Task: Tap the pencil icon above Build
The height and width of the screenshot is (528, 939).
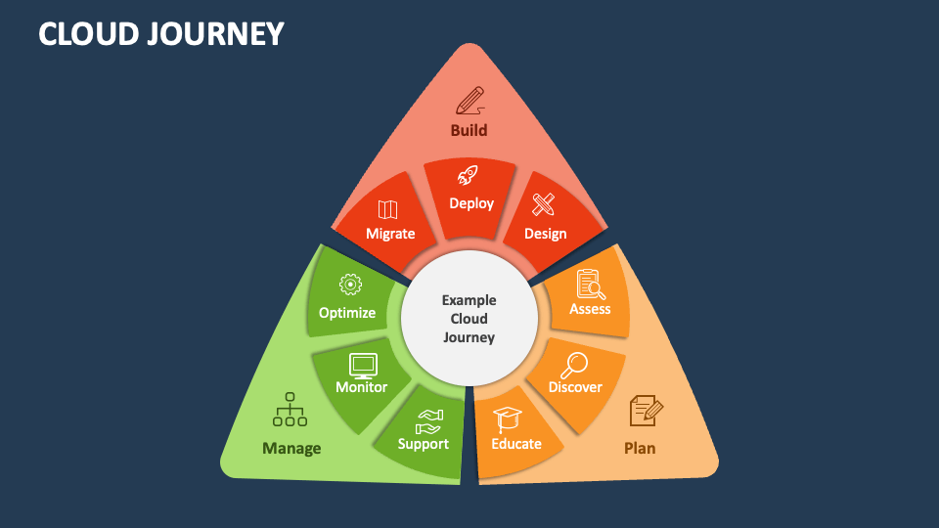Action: [469, 100]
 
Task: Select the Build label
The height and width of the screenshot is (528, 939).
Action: [469, 130]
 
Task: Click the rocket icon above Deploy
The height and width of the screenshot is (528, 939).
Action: [469, 176]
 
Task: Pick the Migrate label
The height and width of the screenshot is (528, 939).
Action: [390, 234]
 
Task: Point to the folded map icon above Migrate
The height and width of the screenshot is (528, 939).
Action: [387, 209]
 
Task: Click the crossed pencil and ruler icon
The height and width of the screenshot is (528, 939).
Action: [543, 205]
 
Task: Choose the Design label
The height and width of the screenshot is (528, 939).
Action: [545, 234]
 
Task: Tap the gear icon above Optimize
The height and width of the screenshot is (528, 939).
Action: [348, 285]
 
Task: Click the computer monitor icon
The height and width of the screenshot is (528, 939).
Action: [363, 365]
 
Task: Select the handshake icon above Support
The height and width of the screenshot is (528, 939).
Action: [427, 421]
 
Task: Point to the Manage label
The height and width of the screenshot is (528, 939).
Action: [291, 449]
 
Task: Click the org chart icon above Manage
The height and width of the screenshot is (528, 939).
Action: [290, 410]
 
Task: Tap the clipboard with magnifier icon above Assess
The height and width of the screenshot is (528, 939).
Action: [591, 285]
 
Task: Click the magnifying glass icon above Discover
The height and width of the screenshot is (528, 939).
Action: [573, 365]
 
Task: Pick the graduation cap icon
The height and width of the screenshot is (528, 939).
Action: [508, 419]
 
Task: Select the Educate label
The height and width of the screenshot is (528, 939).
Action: [516, 444]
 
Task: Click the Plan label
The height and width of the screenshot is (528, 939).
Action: [640, 449]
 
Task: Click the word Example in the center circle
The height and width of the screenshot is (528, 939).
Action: [469, 300]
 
